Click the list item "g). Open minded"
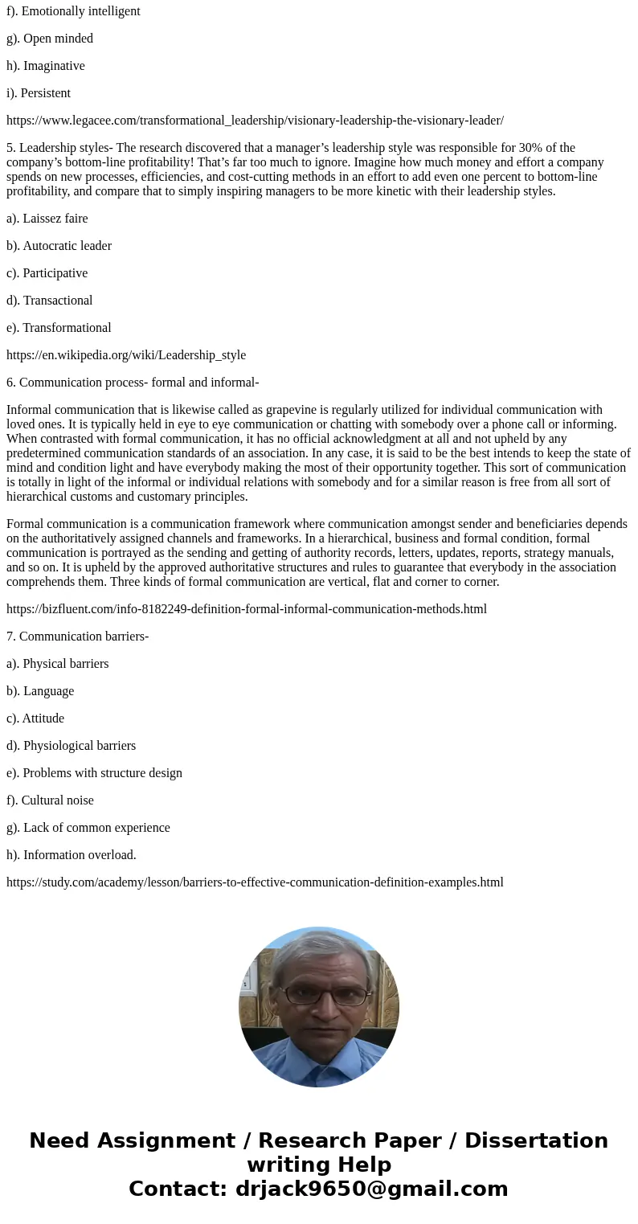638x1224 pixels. pyautogui.click(x=50, y=39)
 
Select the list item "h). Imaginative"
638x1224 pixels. pyautogui.click(x=46, y=66)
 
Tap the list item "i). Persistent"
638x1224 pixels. pyautogui.click(x=39, y=93)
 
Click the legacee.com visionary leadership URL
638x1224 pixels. pyautogui.click(x=255, y=121)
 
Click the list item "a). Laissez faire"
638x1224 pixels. pyautogui.click(x=47, y=219)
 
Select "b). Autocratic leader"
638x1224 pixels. pyautogui.click(x=59, y=246)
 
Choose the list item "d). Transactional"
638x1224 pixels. pyautogui.click(x=50, y=301)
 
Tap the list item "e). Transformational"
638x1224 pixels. pyautogui.click(x=59, y=328)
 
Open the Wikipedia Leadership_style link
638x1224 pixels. pyautogui.click(x=126, y=355)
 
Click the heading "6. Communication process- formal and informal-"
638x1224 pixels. pyautogui.click(x=133, y=383)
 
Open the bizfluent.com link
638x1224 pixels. pyautogui.click(x=247, y=609)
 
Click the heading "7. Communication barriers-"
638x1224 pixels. pyautogui.click(x=78, y=637)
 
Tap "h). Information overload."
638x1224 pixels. pyautogui.click(x=72, y=855)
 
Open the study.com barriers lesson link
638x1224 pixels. pyautogui.click(x=255, y=882)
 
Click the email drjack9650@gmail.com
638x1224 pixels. pyautogui.click(x=371, y=1189)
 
